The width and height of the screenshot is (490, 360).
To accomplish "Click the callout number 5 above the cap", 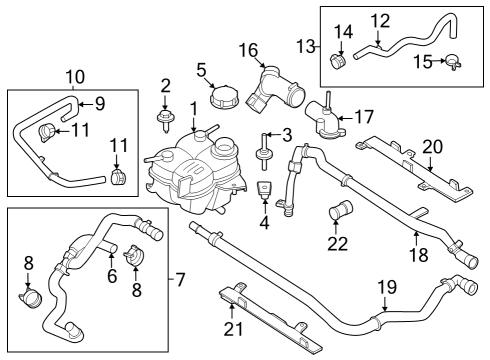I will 201,70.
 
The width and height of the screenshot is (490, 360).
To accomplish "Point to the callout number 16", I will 248,49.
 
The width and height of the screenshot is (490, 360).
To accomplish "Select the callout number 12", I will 380,20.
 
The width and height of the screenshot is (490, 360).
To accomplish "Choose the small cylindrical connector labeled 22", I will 340,211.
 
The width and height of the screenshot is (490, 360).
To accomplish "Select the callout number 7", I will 180,277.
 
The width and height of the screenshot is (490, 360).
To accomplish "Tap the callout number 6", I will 113,275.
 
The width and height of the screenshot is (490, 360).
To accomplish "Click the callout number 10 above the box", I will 76,76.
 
